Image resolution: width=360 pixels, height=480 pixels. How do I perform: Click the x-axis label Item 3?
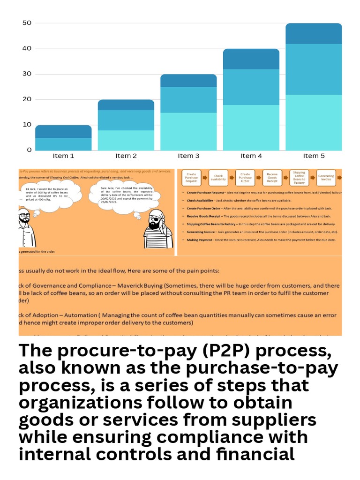pyautogui.click(x=188, y=156)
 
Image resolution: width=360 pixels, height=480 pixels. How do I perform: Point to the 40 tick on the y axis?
pyautogui.click(x=27, y=49)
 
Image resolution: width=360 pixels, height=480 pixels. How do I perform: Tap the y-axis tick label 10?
pyautogui.click(x=27, y=125)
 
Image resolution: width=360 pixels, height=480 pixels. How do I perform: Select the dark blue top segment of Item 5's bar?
pyautogui.click(x=314, y=34)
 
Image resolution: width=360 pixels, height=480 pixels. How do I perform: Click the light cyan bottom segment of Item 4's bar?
pyautogui.click(x=251, y=127)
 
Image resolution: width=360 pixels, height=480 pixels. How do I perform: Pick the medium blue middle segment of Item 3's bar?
pyautogui.click(x=188, y=100)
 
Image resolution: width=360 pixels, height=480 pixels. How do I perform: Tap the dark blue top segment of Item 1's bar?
pyautogui.click(x=63, y=132)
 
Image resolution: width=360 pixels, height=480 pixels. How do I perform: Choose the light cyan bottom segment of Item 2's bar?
pyautogui.click(x=126, y=140)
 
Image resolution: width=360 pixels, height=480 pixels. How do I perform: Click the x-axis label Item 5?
pyautogui.click(x=314, y=156)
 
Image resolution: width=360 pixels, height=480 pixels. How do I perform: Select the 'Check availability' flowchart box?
pyautogui.click(x=218, y=178)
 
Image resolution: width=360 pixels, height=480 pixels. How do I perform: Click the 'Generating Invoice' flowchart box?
pyautogui.click(x=326, y=178)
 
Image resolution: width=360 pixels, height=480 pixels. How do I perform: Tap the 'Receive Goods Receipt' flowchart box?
pyautogui.click(x=272, y=178)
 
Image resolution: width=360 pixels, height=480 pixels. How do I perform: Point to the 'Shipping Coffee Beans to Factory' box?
pyautogui.click(x=299, y=178)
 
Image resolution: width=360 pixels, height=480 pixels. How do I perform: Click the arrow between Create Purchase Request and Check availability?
pyautogui.click(x=204, y=178)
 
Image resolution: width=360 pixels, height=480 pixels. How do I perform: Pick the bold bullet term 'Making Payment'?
pyautogui.click(x=199, y=240)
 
